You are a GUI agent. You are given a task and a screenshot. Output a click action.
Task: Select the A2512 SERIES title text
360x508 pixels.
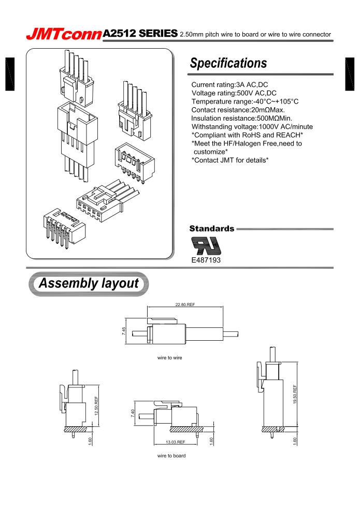140,34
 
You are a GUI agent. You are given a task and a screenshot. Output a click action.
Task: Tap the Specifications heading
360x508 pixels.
228,63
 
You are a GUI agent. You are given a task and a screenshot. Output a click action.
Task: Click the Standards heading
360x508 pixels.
211,228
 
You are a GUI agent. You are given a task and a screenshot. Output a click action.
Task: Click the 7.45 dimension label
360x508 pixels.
124,330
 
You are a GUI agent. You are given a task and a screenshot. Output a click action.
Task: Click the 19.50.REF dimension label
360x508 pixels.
295,395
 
